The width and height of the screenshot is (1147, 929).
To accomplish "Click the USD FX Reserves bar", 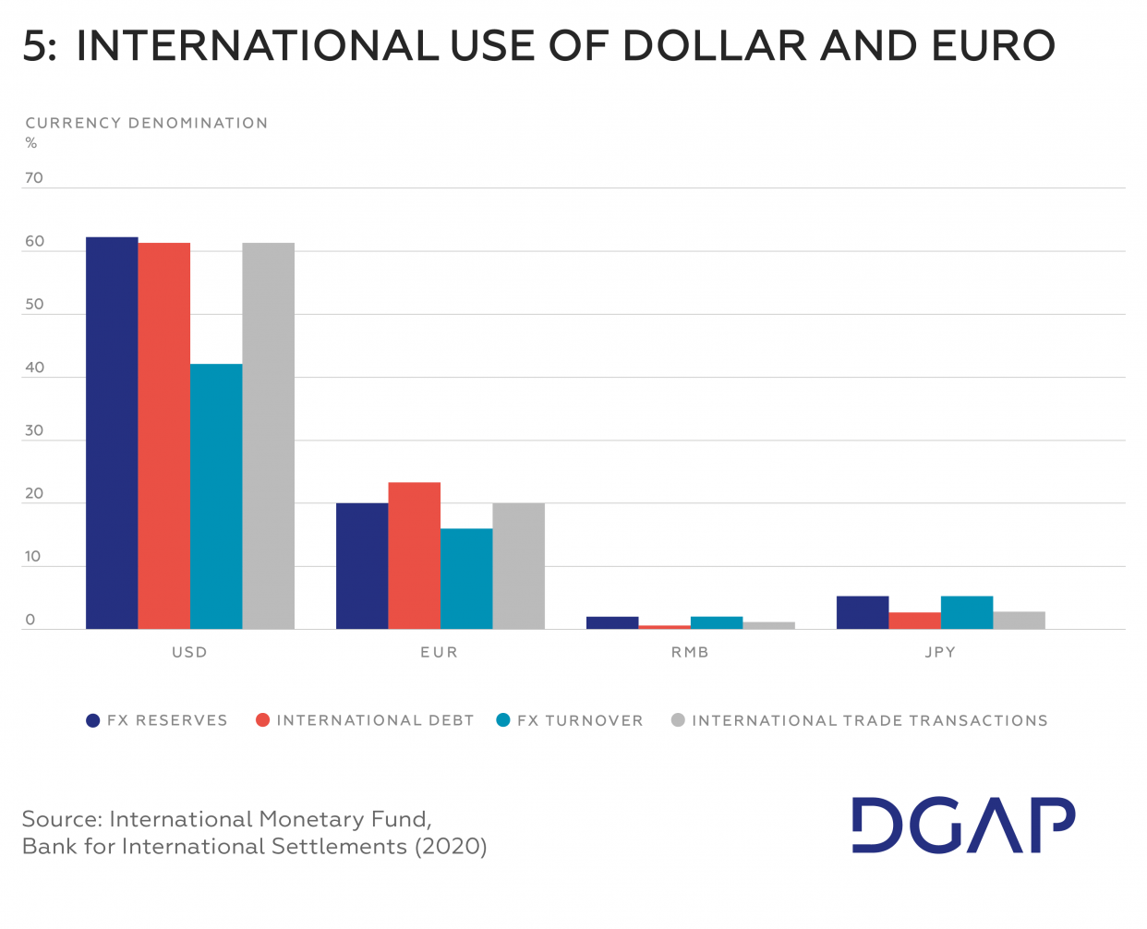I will (x=112, y=433).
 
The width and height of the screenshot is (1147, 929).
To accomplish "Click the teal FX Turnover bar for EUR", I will (x=466, y=579).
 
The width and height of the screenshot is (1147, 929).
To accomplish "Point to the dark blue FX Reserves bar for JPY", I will (x=863, y=613).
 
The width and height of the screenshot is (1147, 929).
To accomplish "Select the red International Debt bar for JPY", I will (x=914, y=621).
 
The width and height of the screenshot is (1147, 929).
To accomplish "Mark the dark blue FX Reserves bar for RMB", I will (x=612, y=623).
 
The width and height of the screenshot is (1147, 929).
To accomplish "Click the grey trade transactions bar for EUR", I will (x=518, y=566).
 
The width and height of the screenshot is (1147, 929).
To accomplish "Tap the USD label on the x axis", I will (x=189, y=652).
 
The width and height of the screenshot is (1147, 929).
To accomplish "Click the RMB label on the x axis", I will (x=690, y=652).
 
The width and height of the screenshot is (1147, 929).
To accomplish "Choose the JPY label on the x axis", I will (x=940, y=652).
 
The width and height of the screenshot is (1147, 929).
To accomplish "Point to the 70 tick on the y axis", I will (x=34, y=178).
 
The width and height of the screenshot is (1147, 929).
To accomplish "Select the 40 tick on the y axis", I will (x=34, y=368).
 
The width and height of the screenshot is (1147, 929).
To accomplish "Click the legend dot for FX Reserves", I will (x=92, y=720).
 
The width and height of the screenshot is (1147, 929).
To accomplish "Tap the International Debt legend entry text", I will (x=375, y=720).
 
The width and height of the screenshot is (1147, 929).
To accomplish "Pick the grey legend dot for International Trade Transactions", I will (x=678, y=720).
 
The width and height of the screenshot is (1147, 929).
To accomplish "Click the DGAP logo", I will (x=963, y=825).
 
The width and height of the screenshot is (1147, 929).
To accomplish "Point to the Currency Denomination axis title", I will (x=147, y=123).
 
